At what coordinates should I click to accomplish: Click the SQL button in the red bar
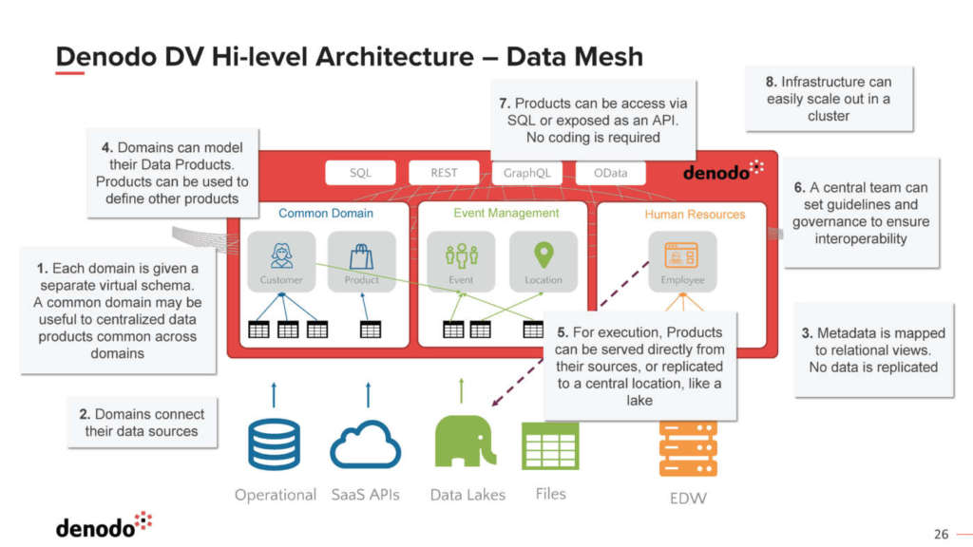(360, 173)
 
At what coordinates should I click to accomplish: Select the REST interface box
(444, 173)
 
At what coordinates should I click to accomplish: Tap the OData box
(610, 173)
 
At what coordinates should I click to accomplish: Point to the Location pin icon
(544, 255)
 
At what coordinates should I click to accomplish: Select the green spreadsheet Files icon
(550, 445)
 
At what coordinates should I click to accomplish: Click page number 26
(942, 533)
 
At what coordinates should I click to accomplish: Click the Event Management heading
(506, 213)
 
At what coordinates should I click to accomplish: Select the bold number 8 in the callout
(771, 82)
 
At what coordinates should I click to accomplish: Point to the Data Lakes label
(467, 495)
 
